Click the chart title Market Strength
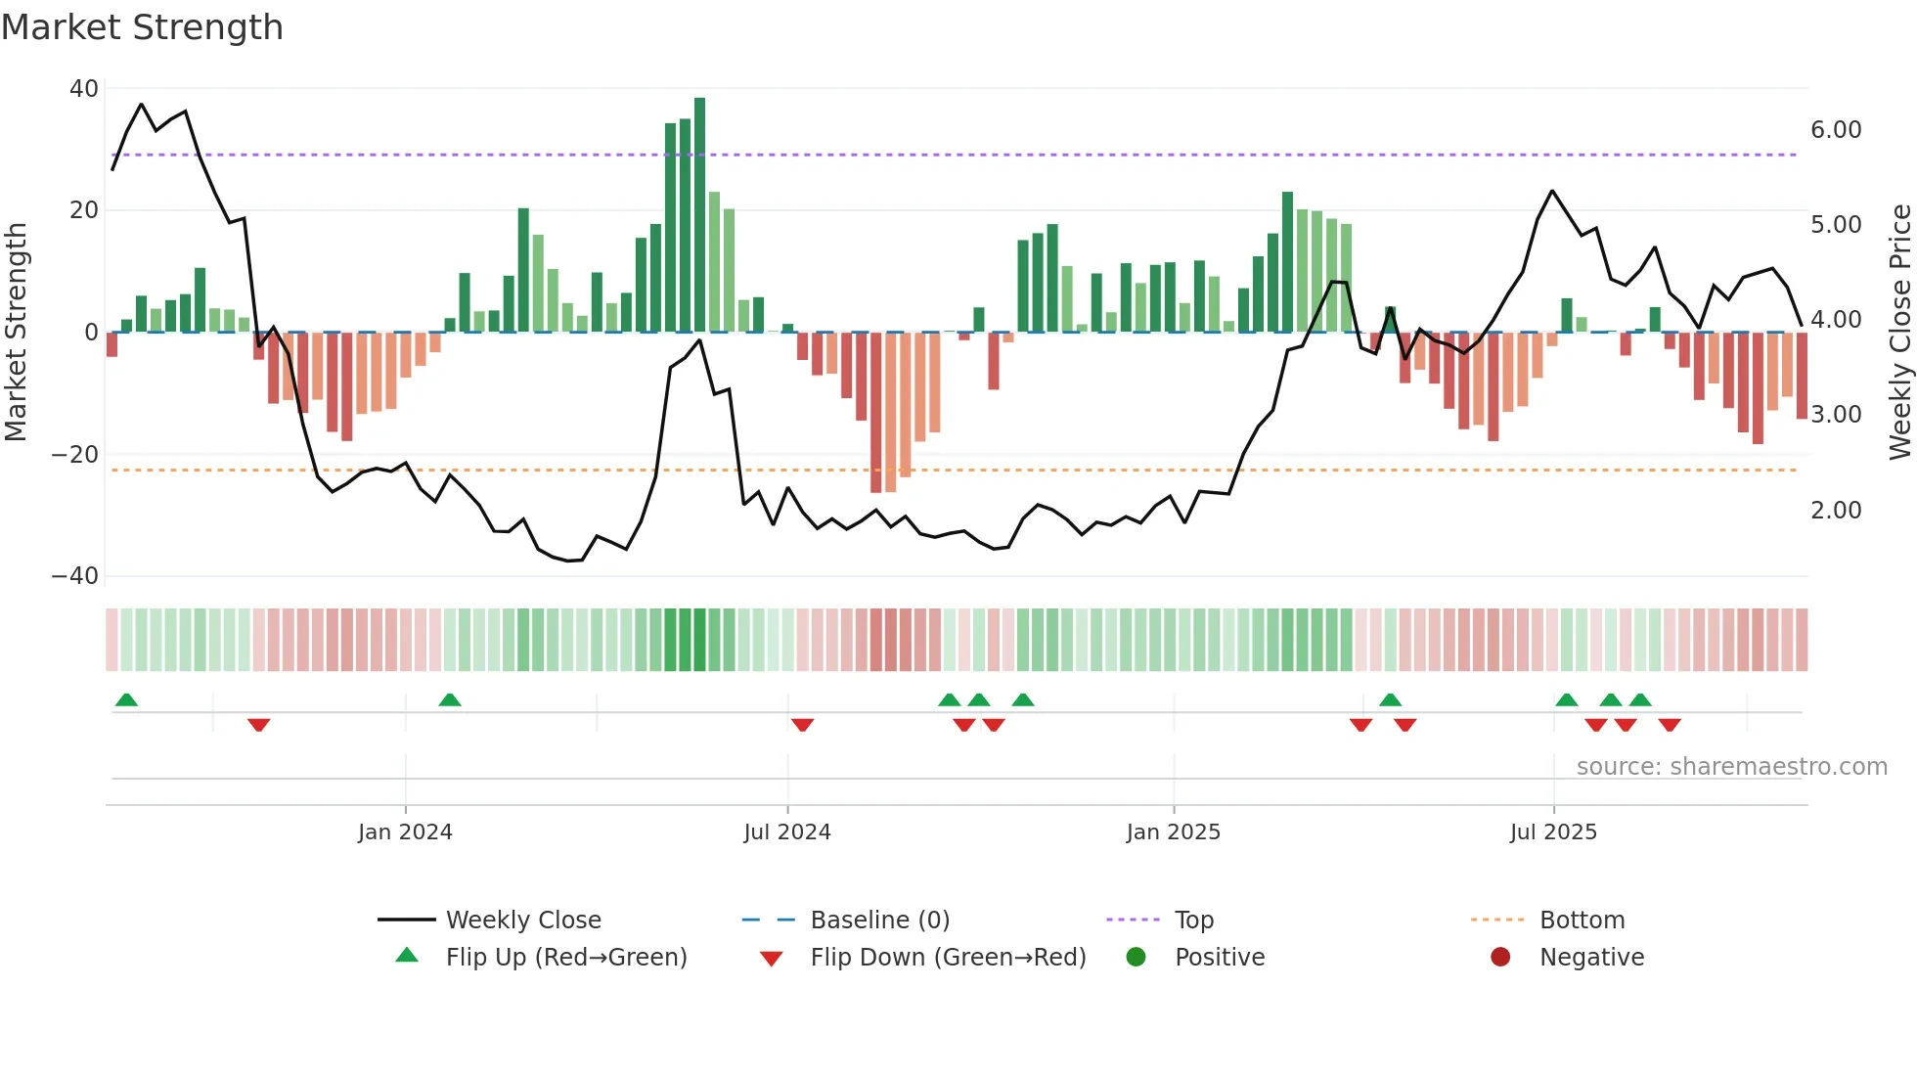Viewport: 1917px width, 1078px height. point(142,27)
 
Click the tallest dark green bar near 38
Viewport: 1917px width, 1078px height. point(699,214)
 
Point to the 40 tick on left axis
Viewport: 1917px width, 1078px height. point(84,89)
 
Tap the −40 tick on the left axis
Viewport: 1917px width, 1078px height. point(75,576)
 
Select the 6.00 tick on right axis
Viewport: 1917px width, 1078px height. point(1836,130)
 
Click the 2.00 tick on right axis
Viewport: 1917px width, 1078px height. point(1836,511)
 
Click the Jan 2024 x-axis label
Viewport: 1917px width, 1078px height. point(405,832)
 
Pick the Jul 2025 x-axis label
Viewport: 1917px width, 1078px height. point(1553,832)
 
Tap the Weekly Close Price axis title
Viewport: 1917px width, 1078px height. point(1899,332)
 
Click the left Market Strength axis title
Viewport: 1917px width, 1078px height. point(16,332)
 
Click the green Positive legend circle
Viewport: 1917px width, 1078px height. point(1136,957)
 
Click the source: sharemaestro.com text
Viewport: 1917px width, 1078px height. point(1731,767)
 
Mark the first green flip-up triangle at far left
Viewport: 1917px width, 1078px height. point(126,699)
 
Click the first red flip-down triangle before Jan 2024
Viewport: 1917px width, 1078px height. point(258,725)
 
